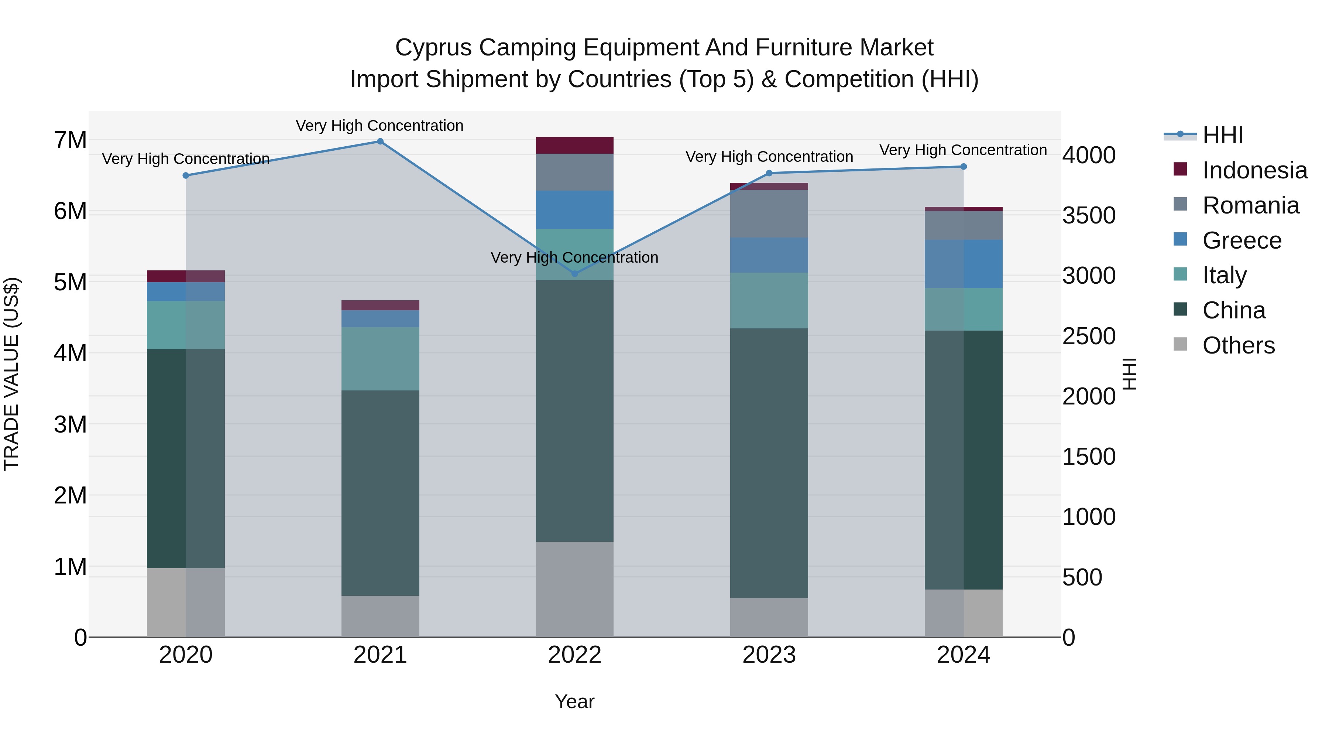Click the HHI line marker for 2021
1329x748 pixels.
[380, 141]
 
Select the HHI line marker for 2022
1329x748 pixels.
[575, 274]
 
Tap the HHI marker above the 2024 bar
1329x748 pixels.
[963, 167]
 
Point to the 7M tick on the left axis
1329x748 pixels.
[70, 140]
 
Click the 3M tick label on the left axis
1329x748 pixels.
[70, 425]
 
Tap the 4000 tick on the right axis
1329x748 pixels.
[1089, 156]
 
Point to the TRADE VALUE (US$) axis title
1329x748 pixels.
[11, 374]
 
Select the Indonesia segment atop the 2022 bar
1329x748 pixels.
[575, 146]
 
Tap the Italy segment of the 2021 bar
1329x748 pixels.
[380, 359]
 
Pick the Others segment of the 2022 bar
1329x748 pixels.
[575, 590]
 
